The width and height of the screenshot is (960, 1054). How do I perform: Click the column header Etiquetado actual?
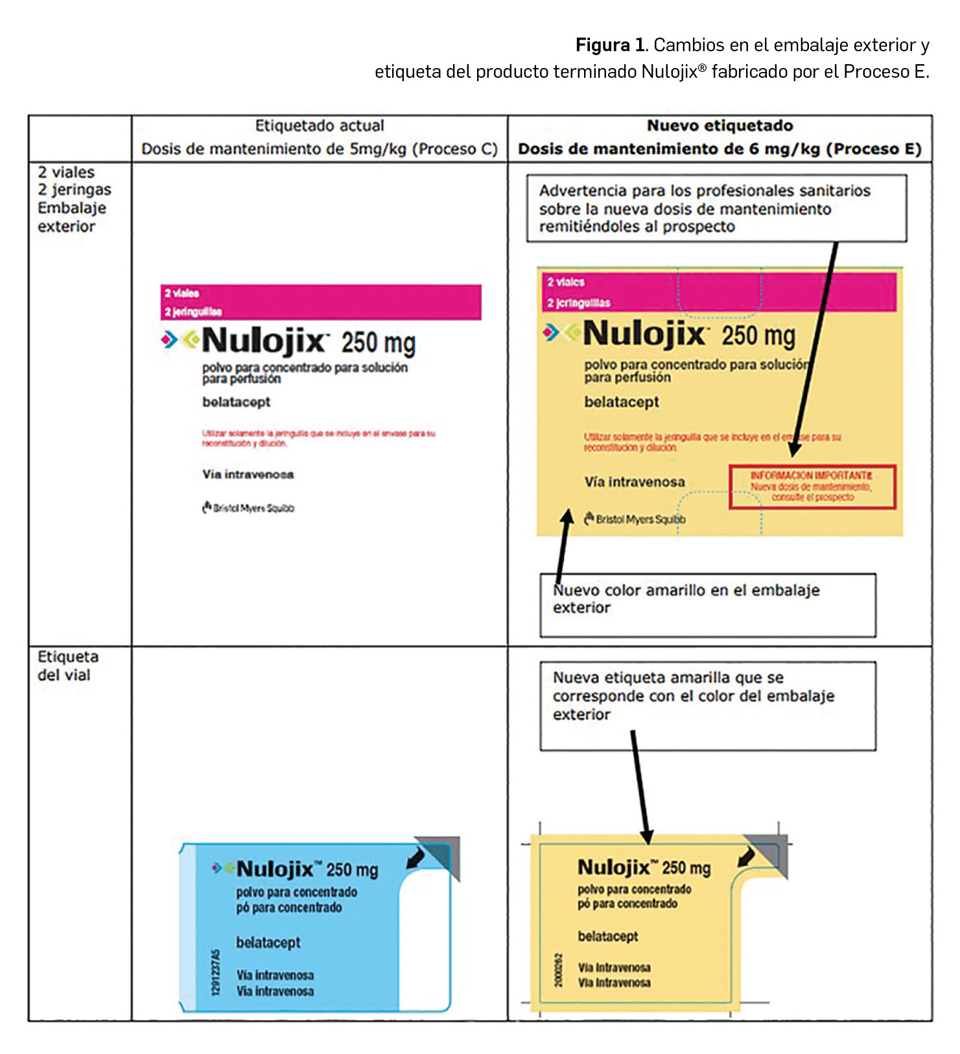319,126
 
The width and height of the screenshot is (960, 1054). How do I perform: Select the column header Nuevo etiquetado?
720,126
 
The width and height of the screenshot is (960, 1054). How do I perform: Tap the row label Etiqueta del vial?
67,666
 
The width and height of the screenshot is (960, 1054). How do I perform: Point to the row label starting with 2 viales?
73,199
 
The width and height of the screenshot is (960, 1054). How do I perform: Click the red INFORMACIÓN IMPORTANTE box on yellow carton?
812,486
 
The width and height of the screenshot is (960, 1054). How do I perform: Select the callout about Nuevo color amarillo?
707,604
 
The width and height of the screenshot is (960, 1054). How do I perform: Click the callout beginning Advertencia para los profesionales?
716,208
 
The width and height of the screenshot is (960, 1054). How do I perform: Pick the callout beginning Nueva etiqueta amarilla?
707,705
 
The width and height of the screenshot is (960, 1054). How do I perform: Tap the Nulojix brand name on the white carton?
264,341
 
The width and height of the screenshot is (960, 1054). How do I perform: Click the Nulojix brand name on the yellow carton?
644,334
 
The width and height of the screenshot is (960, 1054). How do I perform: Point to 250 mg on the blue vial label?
352,870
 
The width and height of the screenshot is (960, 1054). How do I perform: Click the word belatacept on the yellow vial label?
607,936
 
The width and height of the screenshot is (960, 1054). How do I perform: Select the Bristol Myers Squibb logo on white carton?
248,508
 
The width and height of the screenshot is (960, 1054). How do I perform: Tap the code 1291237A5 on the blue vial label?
216,972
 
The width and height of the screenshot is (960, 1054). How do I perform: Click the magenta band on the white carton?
321,302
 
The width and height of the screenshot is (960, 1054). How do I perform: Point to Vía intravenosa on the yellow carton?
634,482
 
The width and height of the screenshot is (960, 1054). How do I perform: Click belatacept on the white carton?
236,402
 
